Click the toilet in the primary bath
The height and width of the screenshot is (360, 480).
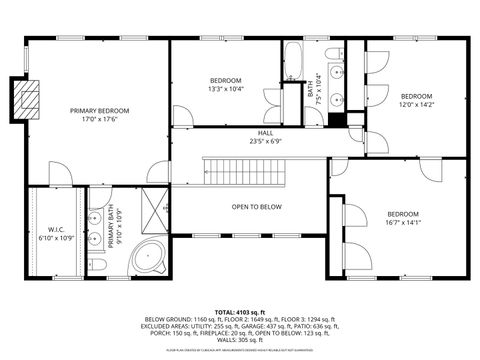pyautogui.click(x=96, y=264)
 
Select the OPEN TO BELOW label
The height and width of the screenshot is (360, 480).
pyautogui.click(x=257, y=207)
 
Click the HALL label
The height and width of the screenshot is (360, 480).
pyautogui.click(x=265, y=133)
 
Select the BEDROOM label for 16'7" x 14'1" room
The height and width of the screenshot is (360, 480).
pyautogui.click(x=403, y=214)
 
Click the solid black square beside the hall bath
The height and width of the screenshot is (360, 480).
pyautogui.click(x=336, y=119)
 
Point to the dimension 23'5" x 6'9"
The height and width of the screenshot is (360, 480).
pyautogui.click(x=265, y=141)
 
